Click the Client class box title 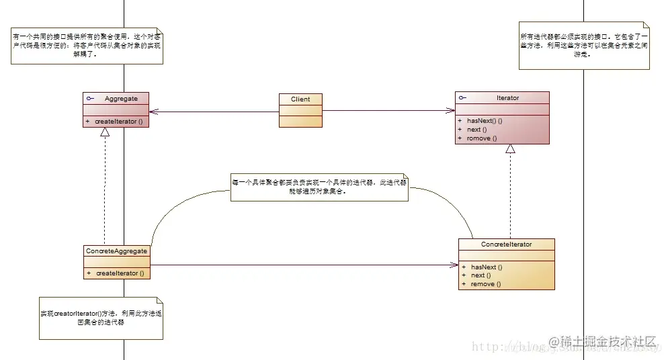[x=300, y=99]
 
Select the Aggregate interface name [x=121, y=99]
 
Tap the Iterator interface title [x=507, y=98]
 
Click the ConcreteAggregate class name [x=116, y=251]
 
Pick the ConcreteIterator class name [x=506, y=244]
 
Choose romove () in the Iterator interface [x=482, y=138]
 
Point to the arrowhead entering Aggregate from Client [x=153, y=111]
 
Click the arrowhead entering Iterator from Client [x=451, y=111]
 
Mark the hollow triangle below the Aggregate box [x=105, y=132]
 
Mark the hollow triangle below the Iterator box [x=510, y=148]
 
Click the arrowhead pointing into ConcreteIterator [x=454, y=265]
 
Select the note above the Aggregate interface [x=87, y=46]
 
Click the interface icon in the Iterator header [x=462, y=98]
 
